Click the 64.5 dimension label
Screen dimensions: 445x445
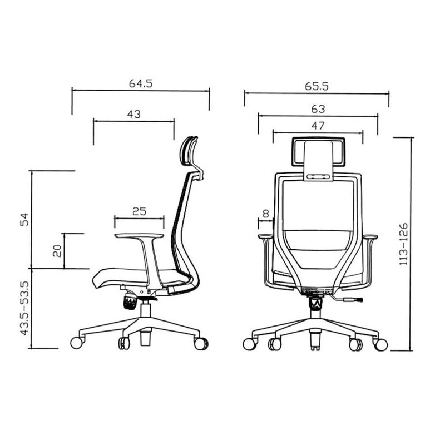pos(141,83)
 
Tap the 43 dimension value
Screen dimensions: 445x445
pos(134,114)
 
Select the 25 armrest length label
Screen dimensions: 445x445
pos(140,211)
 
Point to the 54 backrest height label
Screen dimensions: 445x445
pos(24,219)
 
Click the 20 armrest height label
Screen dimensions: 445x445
pos(57,251)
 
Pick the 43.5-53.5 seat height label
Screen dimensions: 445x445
pos(24,308)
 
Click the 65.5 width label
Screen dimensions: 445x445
pos(317,86)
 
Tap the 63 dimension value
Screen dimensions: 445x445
pos(318,109)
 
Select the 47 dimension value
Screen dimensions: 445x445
pos(318,126)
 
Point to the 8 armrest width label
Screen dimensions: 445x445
pos(266,214)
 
